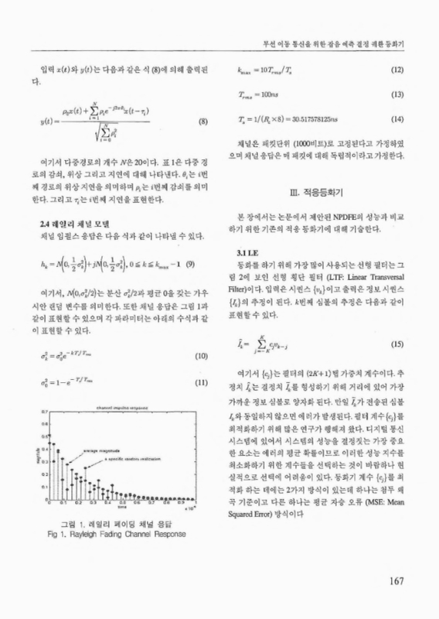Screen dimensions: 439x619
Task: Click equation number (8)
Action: [x=202, y=122]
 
